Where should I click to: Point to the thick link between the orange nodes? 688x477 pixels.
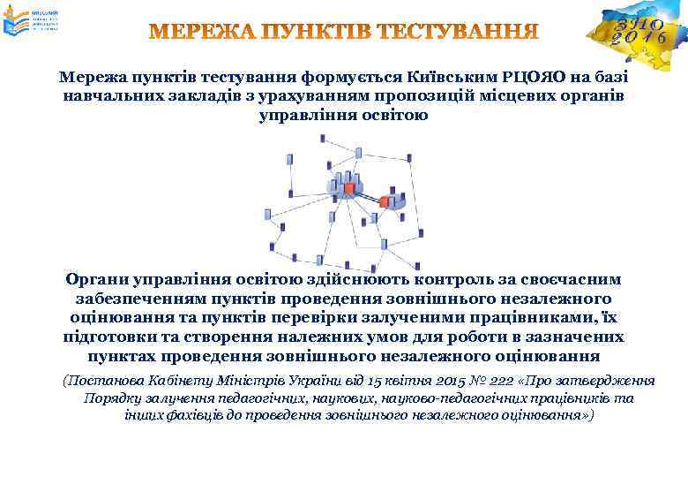367,196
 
